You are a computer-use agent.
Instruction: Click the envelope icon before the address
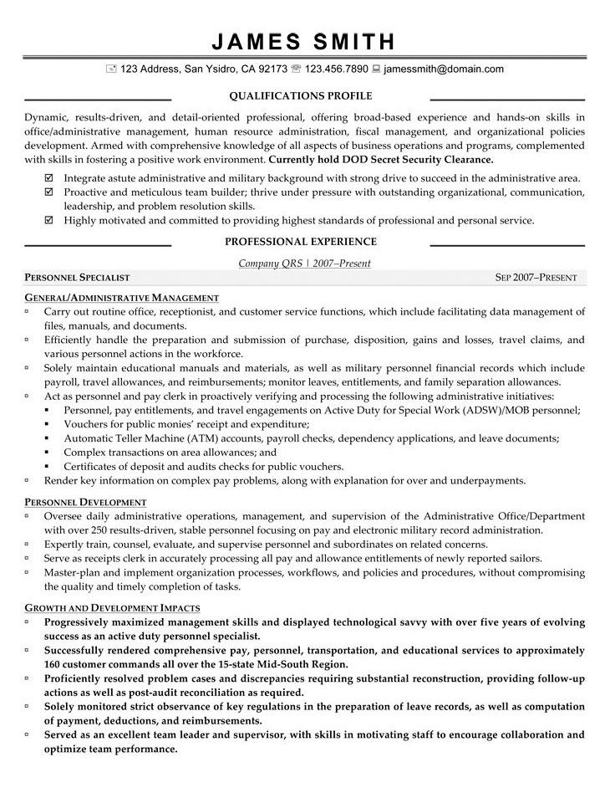point(111,69)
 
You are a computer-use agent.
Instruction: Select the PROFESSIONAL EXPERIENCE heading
point(300,242)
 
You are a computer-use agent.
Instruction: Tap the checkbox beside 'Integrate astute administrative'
point(48,178)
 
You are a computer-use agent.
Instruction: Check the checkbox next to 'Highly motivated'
point(48,220)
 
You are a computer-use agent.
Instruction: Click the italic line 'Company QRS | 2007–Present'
point(304,263)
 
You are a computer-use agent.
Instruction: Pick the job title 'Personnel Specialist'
point(77,278)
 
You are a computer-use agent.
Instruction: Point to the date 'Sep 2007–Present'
point(536,278)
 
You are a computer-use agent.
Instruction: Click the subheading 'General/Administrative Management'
point(122,297)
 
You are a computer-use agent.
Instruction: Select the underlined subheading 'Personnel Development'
point(86,502)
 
